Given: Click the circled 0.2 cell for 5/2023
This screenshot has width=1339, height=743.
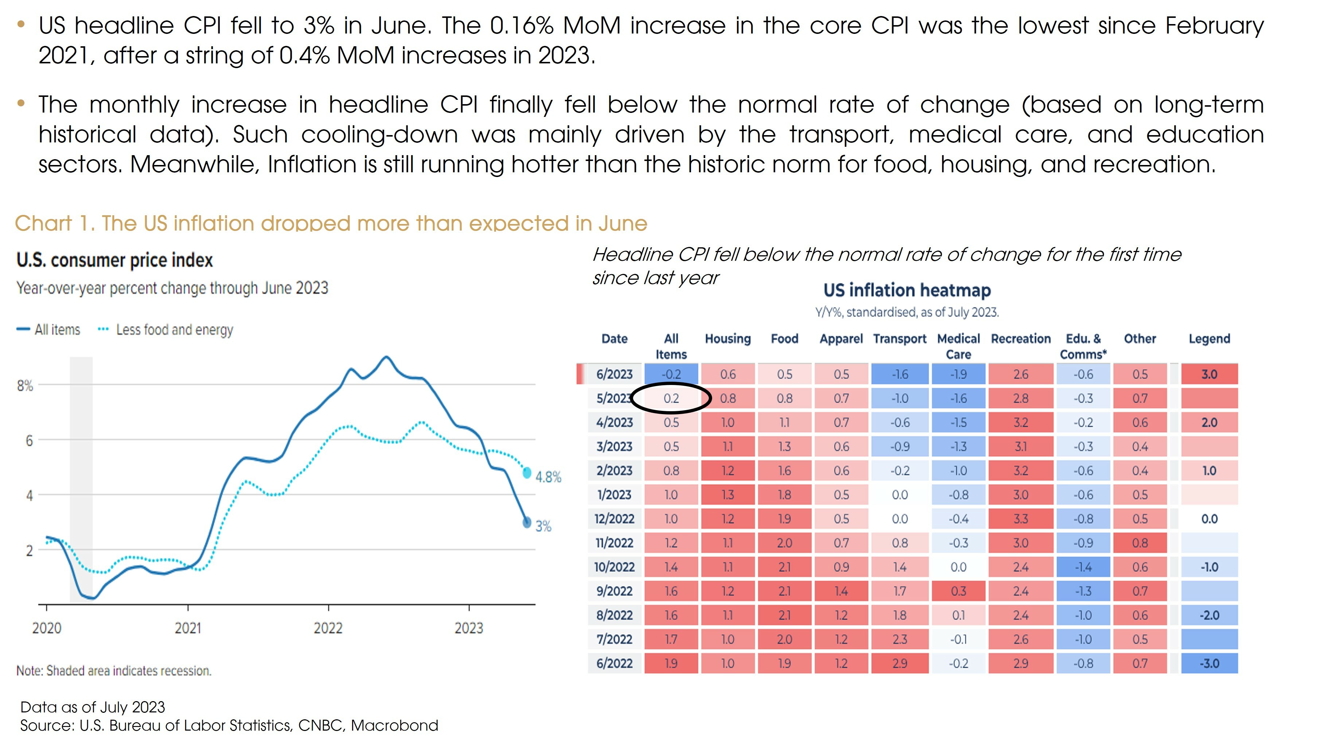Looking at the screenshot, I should coord(671,398).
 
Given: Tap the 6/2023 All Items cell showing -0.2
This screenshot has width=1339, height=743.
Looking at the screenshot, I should coord(671,374).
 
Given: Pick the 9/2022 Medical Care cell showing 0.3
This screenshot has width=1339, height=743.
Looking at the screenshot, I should coord(958,591).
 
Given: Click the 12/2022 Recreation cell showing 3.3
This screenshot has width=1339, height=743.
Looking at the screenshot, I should coord(1020,519).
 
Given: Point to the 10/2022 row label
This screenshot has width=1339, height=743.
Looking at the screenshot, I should coord(614,567).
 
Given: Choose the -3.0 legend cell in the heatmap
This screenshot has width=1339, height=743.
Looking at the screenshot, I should coord(1209,664).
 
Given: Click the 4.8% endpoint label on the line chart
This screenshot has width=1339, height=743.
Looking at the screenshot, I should coord(549,477).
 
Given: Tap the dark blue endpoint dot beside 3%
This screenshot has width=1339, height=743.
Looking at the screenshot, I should coord(527,522).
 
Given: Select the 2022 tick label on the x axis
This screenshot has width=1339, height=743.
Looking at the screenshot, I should coord(328,628).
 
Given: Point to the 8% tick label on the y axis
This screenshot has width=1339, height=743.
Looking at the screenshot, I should coord(25,386).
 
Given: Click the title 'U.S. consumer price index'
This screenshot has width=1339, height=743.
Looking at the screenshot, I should coord(114,260).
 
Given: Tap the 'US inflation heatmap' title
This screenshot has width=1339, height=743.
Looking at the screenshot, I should coord(907,290).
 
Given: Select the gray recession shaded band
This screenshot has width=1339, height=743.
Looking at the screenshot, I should coord(81,478).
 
